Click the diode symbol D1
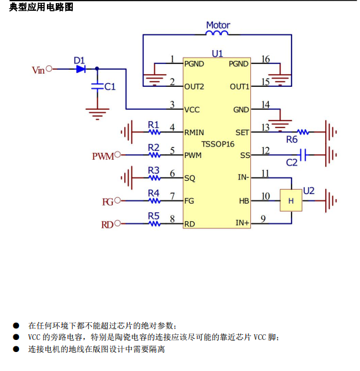[x=81, y=69]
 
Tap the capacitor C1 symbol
[x=97, y=86]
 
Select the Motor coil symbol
[x=217, y=33]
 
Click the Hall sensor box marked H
[x=291, y=200]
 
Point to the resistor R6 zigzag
[x=303, y=132]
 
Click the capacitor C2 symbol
[x=303, y=155]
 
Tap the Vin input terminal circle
[x=49, y=69]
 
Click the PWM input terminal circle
[x=117, y=155]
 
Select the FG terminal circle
[x=117, y=200]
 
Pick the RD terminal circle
[x=117, y=223]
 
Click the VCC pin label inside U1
[x=192, y=110]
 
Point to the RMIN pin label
[x=194, y=133]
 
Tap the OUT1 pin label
[x=240, y=87]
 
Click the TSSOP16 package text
[x=218, y=144]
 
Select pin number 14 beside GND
[x=266, y=105]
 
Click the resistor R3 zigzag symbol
[x=155, y=178]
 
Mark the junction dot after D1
[x=97, y=69]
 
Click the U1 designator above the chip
[x=217, y=54]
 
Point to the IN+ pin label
[x=242, y=223]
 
